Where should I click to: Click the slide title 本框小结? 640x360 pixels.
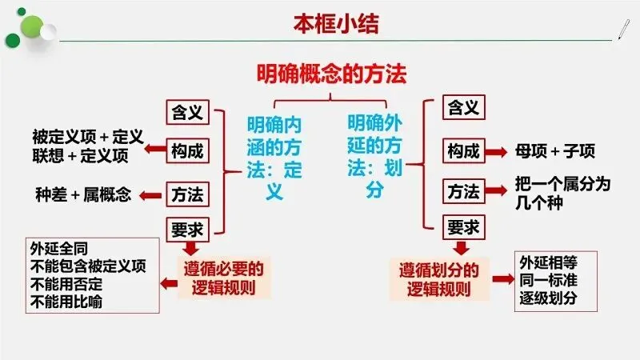point(335,23)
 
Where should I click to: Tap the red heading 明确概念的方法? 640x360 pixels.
point(331,75)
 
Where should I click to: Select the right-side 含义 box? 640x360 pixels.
point(464,106)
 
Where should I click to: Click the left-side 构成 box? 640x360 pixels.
point(187,150)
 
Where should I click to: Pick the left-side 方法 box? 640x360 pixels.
point(187,193)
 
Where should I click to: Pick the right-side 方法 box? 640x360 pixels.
point(464,192)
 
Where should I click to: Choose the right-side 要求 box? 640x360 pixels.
point(464,228)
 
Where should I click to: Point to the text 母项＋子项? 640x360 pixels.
point(555,151)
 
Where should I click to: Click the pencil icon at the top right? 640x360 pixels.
point(622,28)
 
